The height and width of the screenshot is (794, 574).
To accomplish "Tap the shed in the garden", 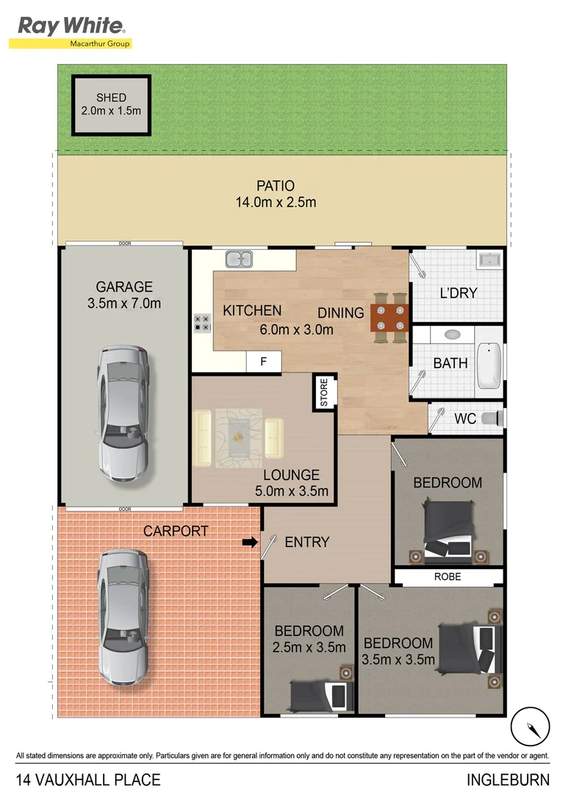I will click(x=111, y=104).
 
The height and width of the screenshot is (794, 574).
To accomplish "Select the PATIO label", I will click(x=276, y=186).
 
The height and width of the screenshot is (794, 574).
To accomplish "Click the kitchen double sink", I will click(x=239, y=259).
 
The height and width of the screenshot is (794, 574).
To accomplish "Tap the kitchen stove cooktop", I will click(x=202, y=323).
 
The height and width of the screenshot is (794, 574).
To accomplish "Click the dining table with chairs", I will click(x=390, y=318).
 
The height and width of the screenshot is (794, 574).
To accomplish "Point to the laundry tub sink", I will click(x=489, y=260).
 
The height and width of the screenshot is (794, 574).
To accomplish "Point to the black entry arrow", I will click(x=250, y=543).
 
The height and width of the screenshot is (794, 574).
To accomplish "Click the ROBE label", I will click(x=447, y=577).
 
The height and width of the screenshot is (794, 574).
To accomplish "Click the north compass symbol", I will click(x=530, y=726).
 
